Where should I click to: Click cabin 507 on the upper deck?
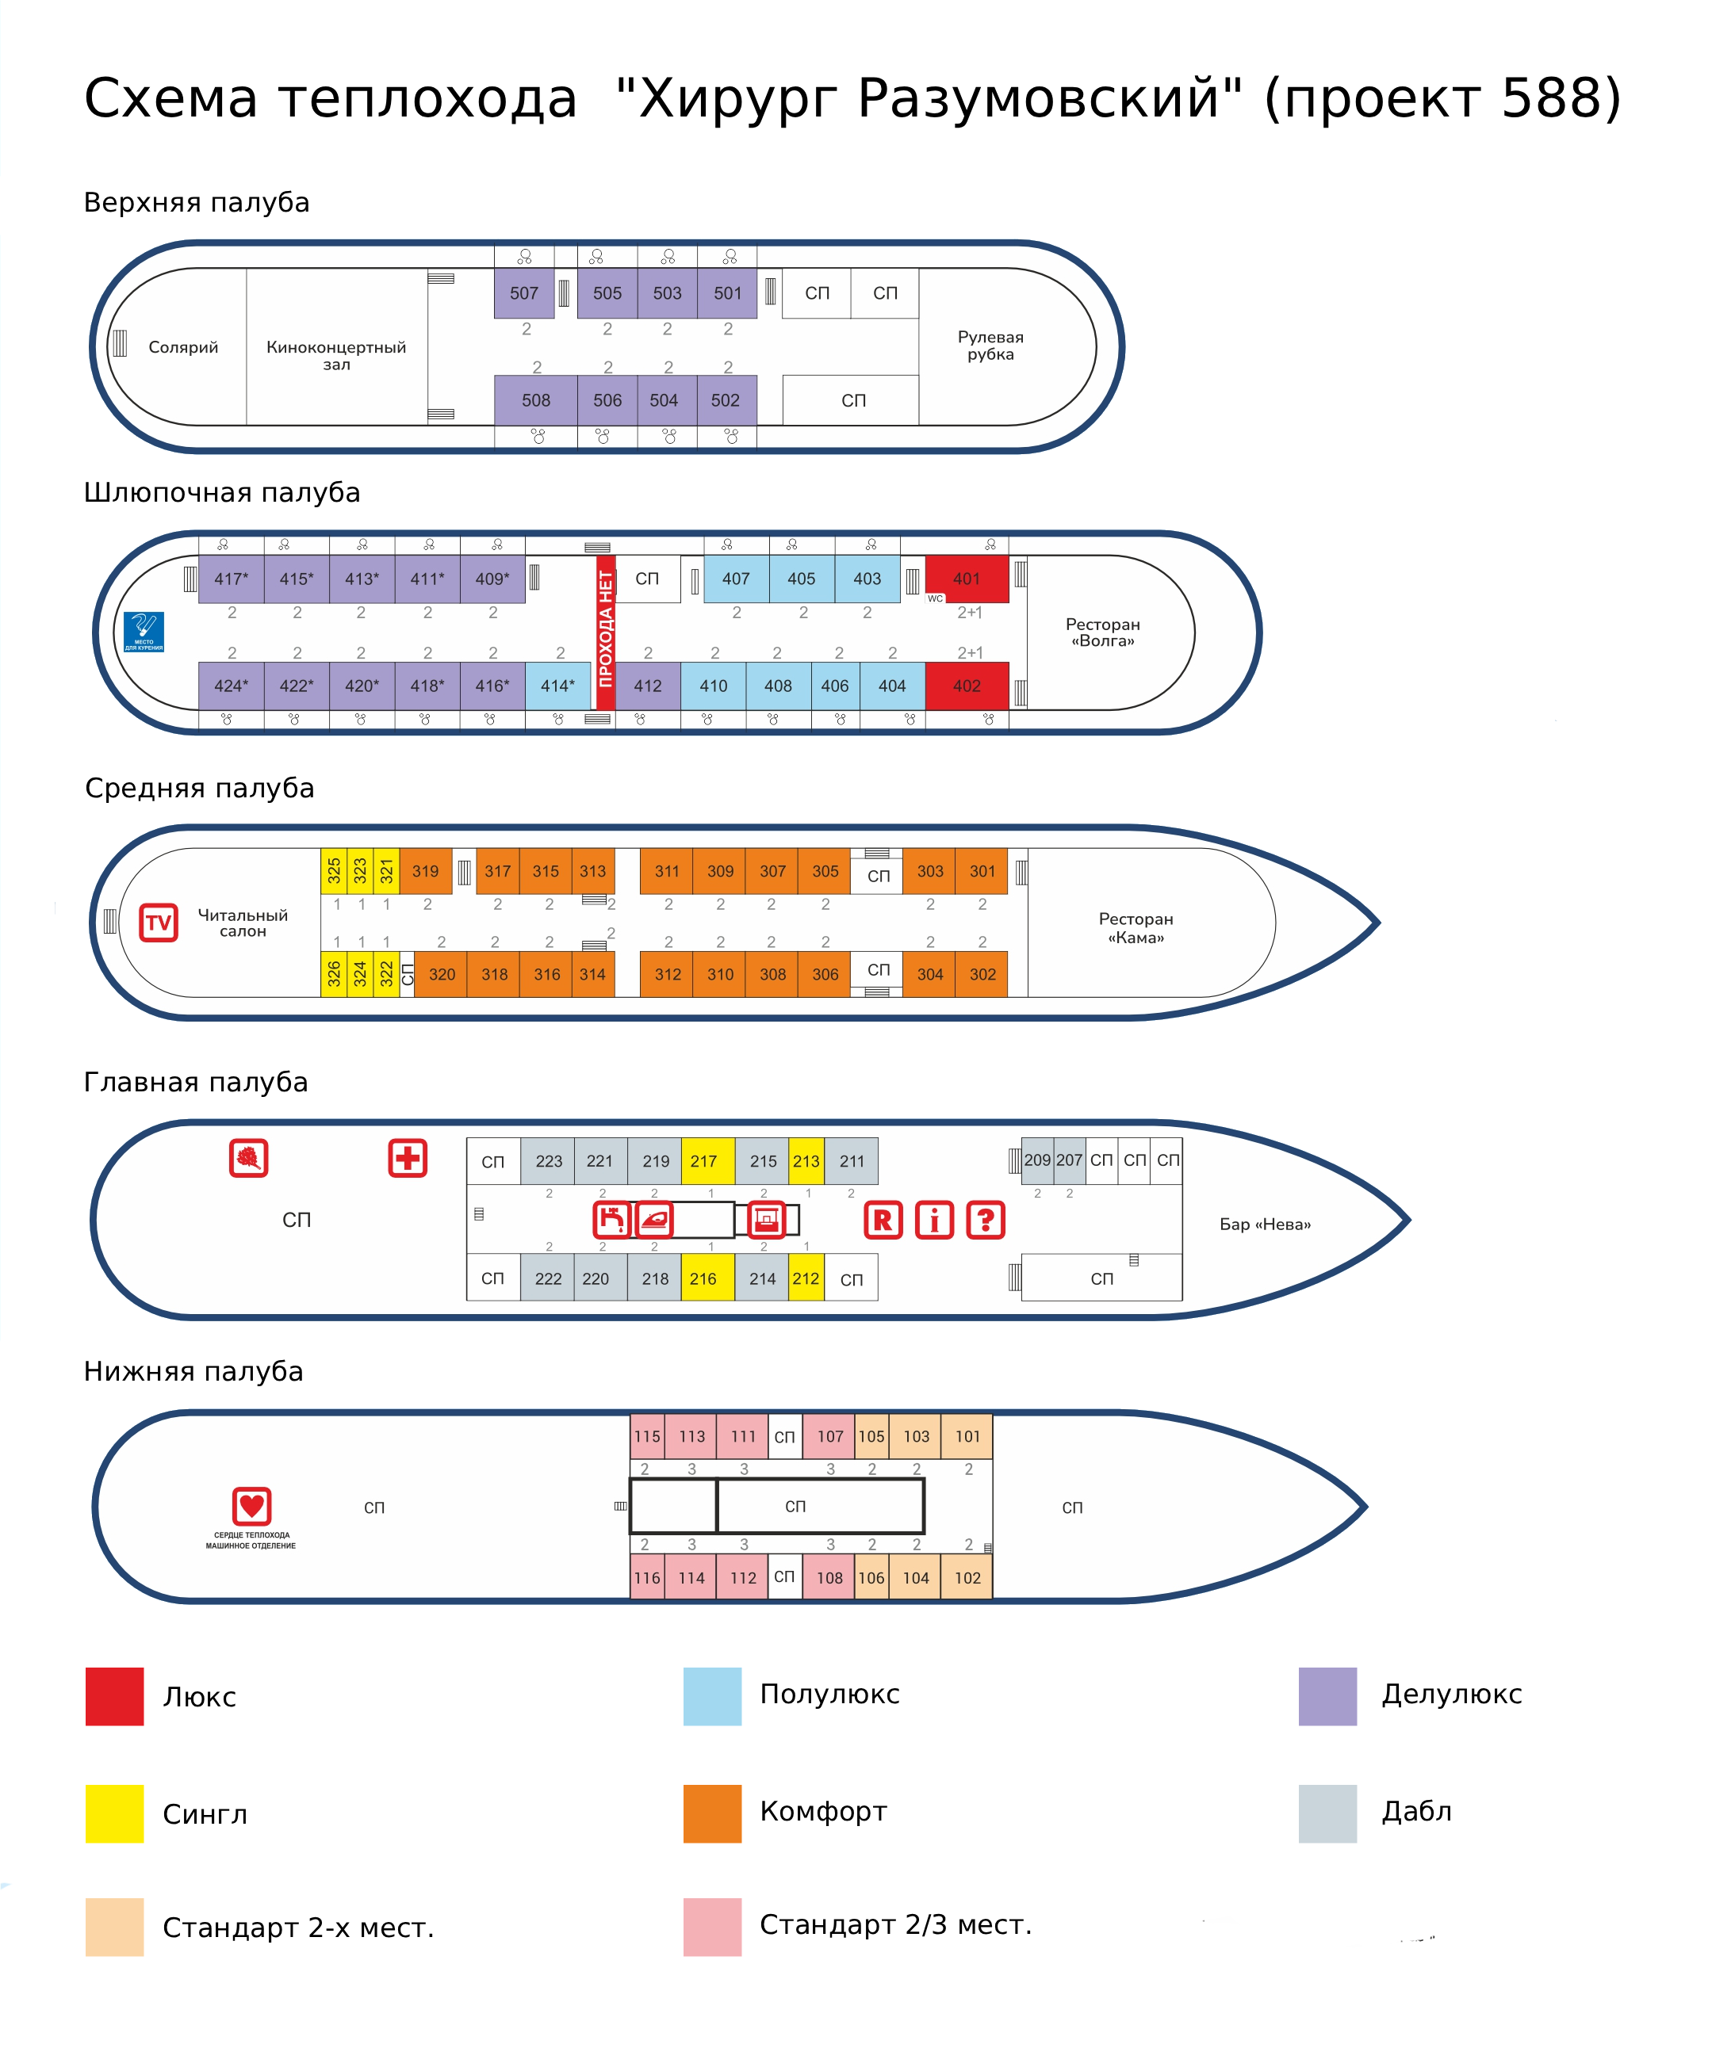click(x=524, y=292)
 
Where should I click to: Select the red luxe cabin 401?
click(x=966, y=579)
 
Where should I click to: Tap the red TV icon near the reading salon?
click(x=158, y=922)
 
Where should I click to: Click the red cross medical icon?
click(x=408, y=1158)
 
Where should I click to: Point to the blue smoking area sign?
click(x=144, y=631)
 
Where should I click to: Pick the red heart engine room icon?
click(x=251, y=1506)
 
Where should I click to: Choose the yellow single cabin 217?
click(x=704, y=1160)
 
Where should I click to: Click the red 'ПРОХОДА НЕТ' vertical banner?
click(x=606, y=627)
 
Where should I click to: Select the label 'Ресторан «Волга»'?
click(x=1102, y=632)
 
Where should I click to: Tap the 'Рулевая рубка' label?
click(x=990, y=346)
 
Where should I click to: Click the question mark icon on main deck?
click(x=986, y=1220)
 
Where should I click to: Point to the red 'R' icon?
click(x=883, y=1220)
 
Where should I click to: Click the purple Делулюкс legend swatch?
click(x=1327, y=1696)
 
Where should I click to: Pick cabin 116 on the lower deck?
click(x=647, y=1578)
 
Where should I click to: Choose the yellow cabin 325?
click(x=334, y=871)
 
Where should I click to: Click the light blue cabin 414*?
click(x=558, y=686)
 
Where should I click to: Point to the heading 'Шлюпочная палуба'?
click(x=222, y=492)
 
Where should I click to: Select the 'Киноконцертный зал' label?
click(x=335, y=355)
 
